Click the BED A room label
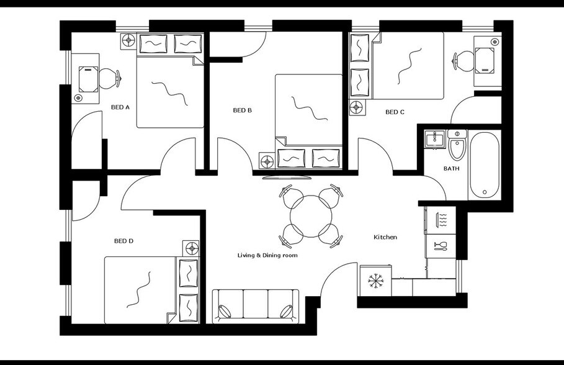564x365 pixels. (120, 107)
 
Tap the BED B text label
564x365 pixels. (242, 110)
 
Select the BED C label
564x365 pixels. (395, 112)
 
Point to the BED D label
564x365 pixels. (123, 241)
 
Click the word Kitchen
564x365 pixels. (385, 237)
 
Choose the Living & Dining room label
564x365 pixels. (267, 255)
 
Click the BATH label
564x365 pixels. (451, 168)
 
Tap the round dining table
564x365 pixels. (310, 217)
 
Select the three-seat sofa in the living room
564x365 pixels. (255, 306)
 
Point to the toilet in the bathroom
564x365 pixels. (457, 146)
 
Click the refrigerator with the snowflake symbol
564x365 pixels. (375, 281)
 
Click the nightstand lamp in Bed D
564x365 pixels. (191, 248)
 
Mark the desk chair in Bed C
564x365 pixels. (462, 61)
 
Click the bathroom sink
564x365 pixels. (434, 138)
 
